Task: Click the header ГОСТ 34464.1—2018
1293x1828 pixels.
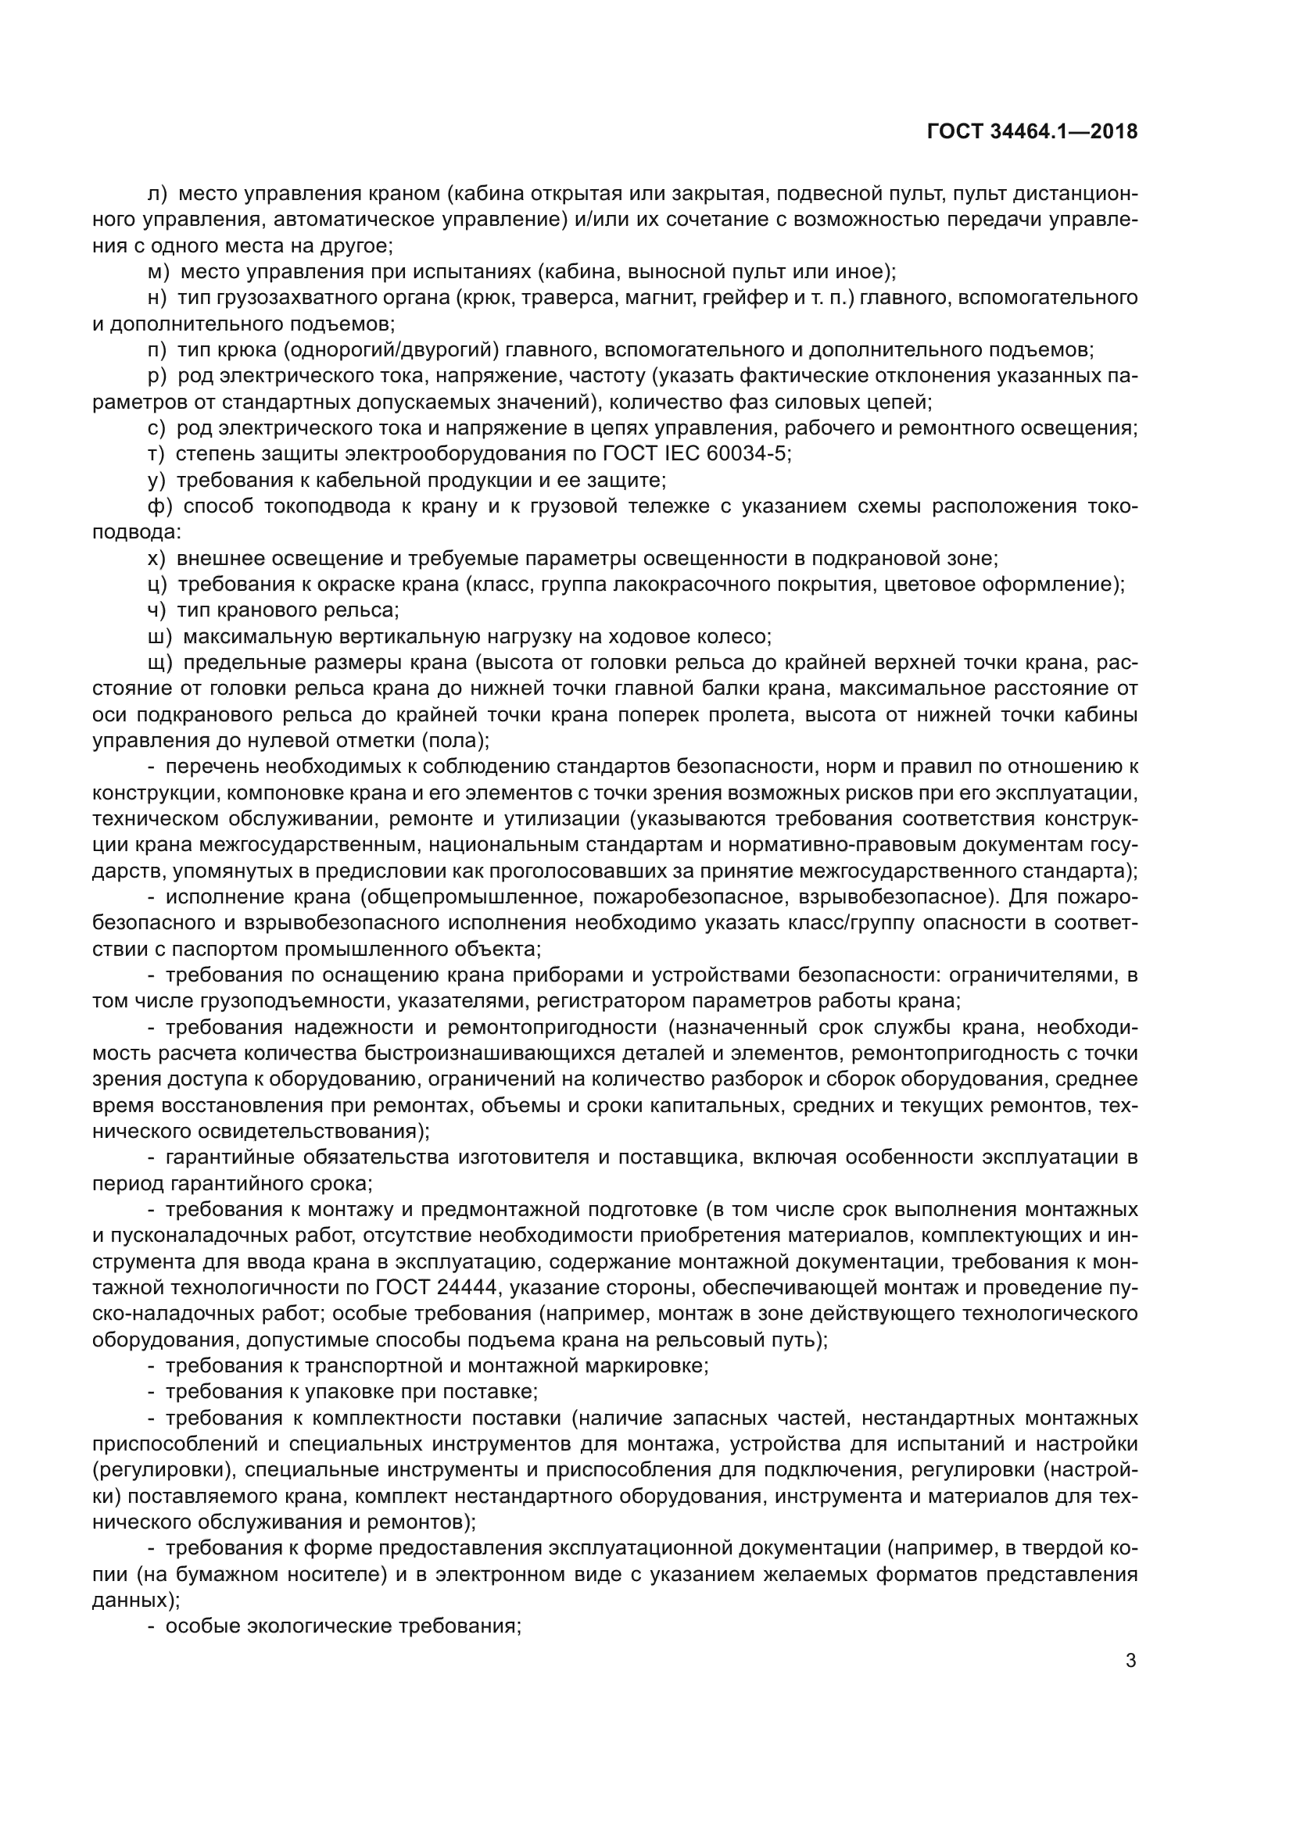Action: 1032,132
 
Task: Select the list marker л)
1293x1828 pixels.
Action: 158,195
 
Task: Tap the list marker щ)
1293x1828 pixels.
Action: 160,663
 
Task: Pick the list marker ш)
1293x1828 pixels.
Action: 160,637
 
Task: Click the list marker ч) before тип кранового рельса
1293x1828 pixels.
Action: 158,610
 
